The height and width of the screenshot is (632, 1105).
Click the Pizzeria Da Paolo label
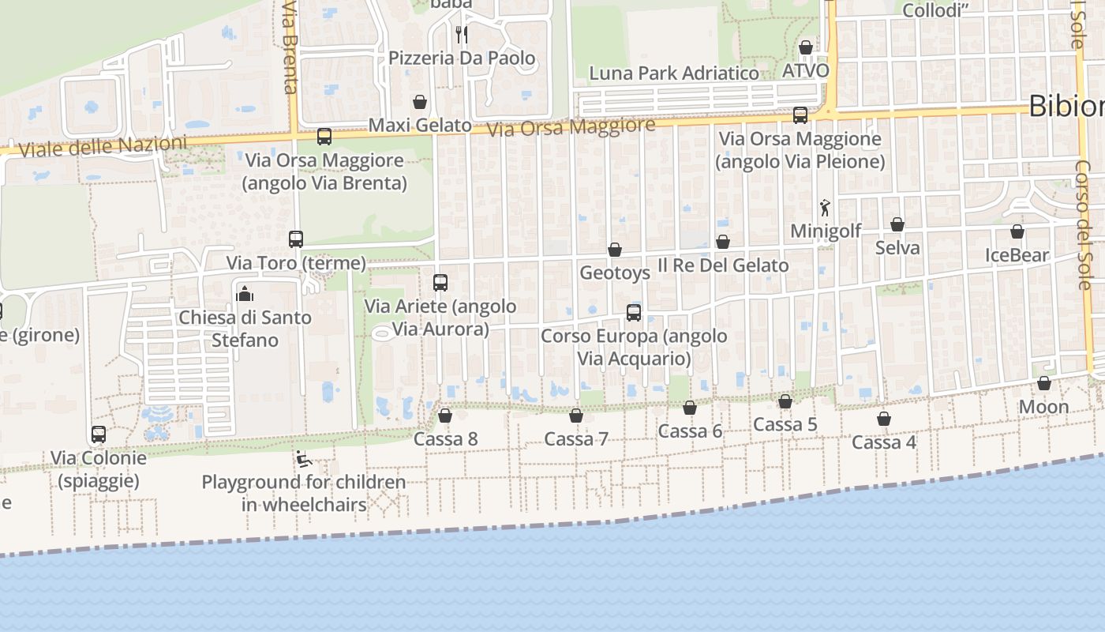click(462, 58)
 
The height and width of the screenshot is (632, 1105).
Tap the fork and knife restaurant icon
click(461, 34)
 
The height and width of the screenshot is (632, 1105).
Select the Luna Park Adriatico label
click(674, 73)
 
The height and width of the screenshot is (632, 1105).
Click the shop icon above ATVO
click(806, 47)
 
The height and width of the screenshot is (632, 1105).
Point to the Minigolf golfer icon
click(826, 208)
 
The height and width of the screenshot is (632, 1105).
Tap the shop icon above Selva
click(897, 224)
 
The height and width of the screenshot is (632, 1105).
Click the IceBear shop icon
click(1017, 231)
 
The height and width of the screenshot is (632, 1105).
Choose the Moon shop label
click(1043, 408)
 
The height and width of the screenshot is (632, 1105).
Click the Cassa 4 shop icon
click(884, 419)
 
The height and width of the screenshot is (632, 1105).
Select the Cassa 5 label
click(785, 425)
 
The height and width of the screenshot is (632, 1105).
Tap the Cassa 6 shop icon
click(690, 408)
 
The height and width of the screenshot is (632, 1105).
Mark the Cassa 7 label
click(576, 439)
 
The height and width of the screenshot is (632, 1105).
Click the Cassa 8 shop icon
click(445, 416)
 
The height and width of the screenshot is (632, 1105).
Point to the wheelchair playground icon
click(303, 458)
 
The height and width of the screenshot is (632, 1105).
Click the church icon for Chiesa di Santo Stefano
click(245, 294)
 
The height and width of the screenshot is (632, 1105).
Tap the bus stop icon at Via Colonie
click(99, 434)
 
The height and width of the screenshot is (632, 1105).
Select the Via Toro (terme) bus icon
click(296, 239)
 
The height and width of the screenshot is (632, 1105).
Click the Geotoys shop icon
click(615, 250)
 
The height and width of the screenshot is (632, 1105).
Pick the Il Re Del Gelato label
click(723, 265)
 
